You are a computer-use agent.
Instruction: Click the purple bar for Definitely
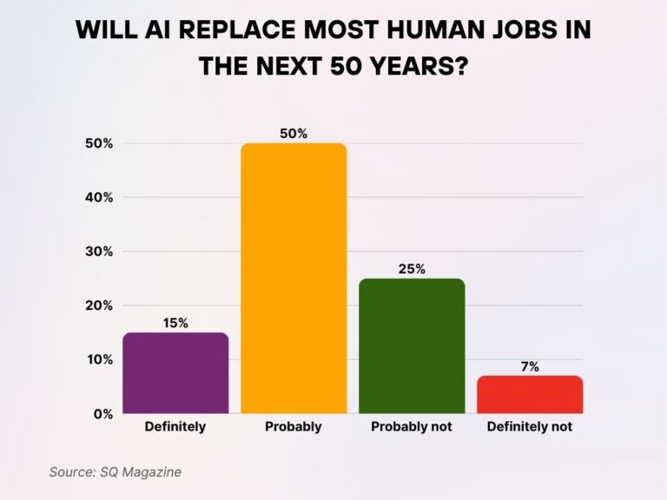[x=175, y=373]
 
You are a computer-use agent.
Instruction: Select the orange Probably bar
[x=294, y=279]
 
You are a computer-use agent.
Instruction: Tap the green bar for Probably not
[x=412, y=346]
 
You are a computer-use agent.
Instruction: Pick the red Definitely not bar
[x=530, y=395]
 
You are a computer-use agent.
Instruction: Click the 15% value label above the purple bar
[x=175, y=323]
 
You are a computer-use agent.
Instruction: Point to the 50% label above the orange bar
[x=294, y=133]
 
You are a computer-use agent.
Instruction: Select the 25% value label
[x=412, y=269]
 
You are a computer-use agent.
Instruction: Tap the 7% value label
[x=530, y=366]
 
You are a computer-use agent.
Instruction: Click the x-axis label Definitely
[x=175, y=427]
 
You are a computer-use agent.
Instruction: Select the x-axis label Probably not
[x=412, y=427]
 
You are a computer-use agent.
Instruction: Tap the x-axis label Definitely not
[x=530, y=427]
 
